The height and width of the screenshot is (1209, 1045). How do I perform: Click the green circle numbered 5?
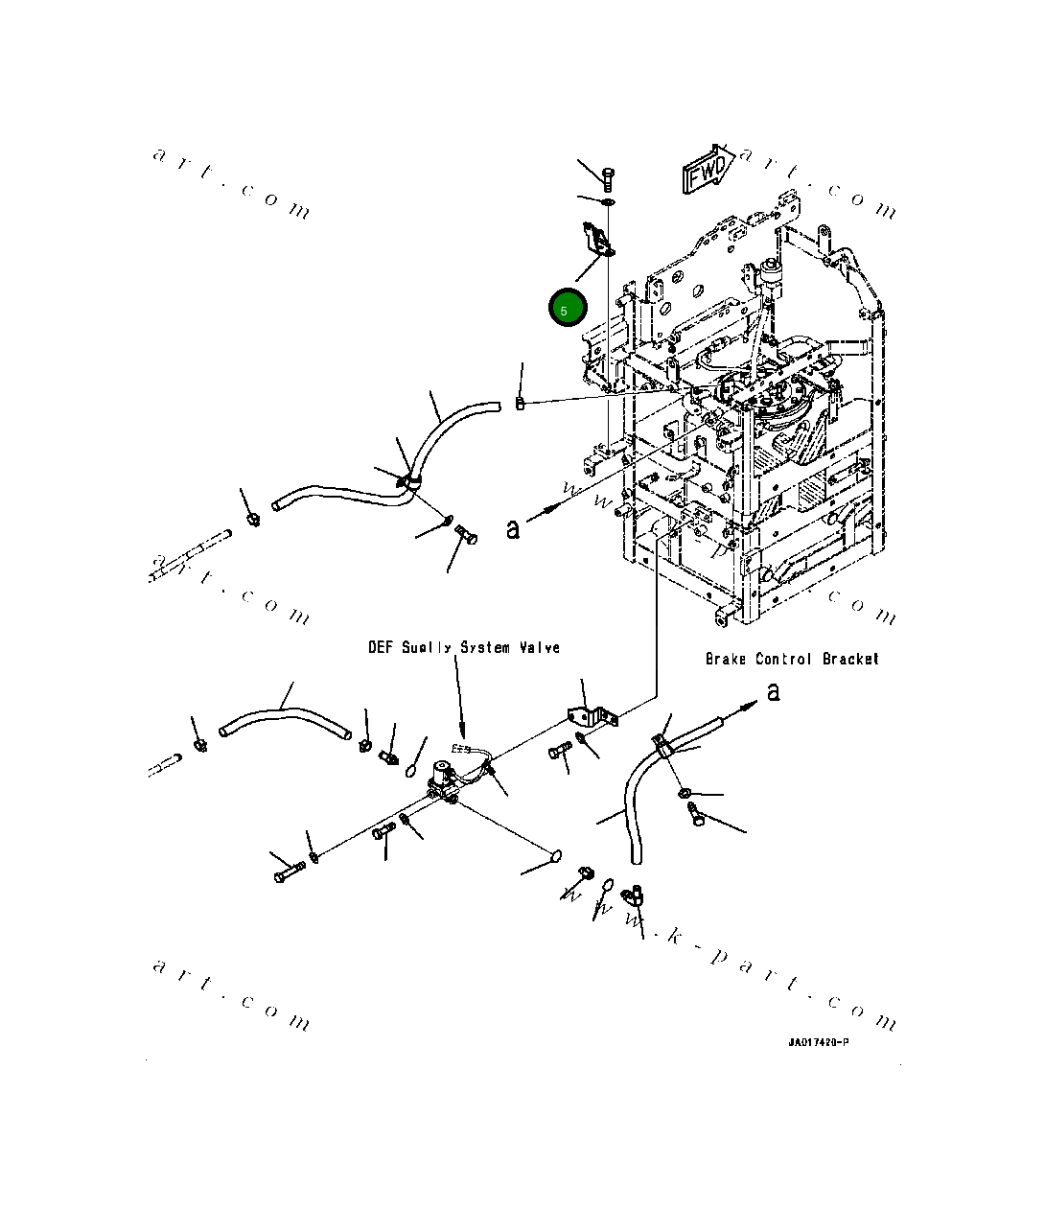pos(566,309)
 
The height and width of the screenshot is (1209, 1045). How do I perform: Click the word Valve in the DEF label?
pos(539,648)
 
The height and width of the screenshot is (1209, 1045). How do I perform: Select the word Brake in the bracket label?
pos(726,660)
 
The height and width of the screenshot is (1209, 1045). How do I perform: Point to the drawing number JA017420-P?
pos(818,1042)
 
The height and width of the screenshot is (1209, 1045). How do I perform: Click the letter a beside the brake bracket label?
pos(774,692)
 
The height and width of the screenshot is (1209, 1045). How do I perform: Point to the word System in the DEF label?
pos(484,648)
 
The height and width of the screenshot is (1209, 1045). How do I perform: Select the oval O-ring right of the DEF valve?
pos(554,855)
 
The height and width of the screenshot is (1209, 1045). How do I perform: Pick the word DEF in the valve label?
pos(380,648)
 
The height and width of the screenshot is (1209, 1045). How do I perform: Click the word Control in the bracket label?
pos(785,660)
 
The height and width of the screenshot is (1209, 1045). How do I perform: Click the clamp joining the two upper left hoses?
pos(412,480)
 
